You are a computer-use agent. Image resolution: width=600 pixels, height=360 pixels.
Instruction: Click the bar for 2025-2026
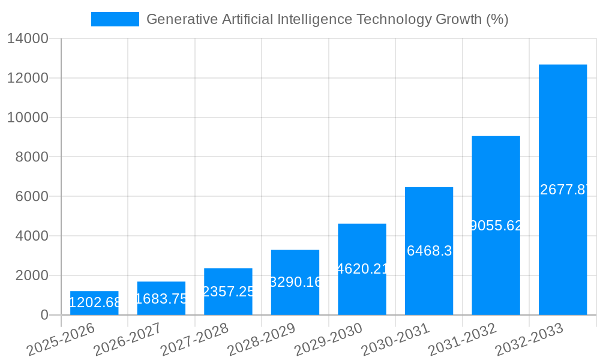[x=94, y=303]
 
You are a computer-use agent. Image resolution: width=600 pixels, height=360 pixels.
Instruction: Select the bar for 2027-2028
[x=228, y=292]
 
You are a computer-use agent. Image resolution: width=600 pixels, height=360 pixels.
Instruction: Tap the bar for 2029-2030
[x=362, y=269]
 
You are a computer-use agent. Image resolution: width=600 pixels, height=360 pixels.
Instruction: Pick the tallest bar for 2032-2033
[x=563, y=190]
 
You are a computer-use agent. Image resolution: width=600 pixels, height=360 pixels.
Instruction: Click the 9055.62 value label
[x=496, y=226]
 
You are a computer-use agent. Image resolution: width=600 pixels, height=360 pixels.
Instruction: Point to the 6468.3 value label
[x=429, y=251]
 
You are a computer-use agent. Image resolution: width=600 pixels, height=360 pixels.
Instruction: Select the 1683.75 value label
[x=162, y=299]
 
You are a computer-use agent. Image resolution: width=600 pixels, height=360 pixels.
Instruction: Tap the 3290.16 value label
[x=296, y=282]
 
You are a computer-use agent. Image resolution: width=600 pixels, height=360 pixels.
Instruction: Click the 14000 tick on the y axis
[x=28, y=39]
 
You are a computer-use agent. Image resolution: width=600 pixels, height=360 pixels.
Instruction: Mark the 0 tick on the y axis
[x=44, y=315]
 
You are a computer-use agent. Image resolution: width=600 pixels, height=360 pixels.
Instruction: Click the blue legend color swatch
[x=115, y=19]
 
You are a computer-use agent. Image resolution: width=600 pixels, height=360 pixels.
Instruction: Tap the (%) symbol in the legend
[x=497, y=19]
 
